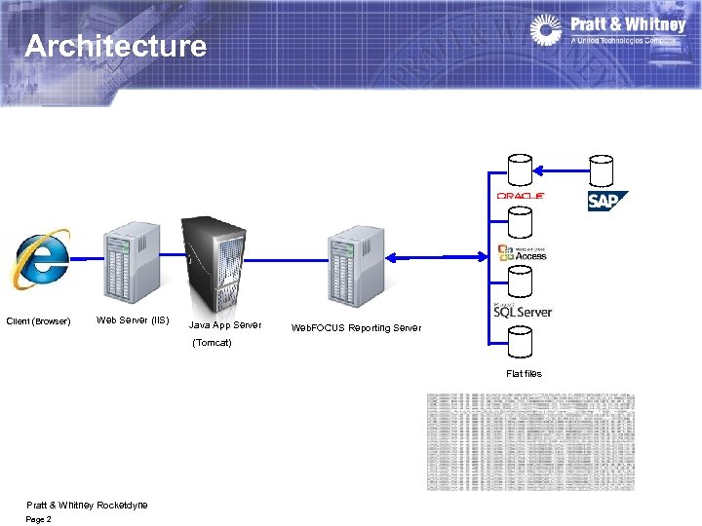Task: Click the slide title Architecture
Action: coord(115,46)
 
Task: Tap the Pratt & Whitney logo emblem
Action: coord(546,30)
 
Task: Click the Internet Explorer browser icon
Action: coord(41,259)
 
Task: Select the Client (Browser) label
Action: coord(39,321)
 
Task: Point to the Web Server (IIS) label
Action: coord(133,320)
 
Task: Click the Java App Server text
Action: coord(224,325)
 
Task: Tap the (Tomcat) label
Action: coord(213,343)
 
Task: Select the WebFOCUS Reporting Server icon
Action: coord(355,261)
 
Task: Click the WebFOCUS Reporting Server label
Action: coord(356,328)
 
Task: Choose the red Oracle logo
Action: coord(521,196)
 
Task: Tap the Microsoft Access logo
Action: coord(523,252)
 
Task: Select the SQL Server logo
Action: coord(523,311)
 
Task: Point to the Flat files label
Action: coord(524,374)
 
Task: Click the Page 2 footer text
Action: coord(39,519)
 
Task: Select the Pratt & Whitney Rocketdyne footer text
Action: coord(87,505)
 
